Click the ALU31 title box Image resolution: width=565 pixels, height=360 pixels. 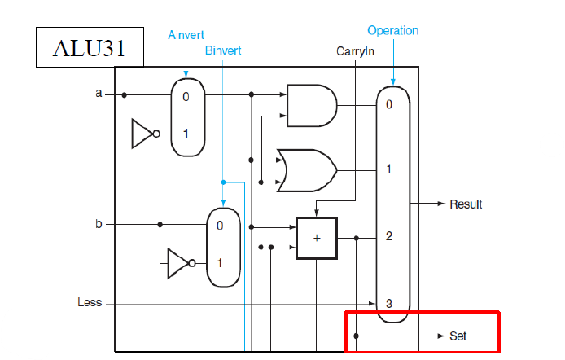(x=90, y=47)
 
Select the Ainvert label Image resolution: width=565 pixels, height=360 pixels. (x=186, y=35)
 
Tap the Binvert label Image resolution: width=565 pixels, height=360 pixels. (x=222, y=50)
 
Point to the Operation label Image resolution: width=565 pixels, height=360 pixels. (x=392, y=30)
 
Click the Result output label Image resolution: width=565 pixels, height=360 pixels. (x=466, y=204)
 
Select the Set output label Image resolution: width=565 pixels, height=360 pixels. (x=458, y=336)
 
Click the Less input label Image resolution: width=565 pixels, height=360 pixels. (x=90, y=302)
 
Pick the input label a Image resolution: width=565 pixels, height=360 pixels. (x=99, y=94)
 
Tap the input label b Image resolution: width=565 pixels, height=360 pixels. (x=99, y=222)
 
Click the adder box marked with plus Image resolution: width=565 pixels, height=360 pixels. (x=317, y=238)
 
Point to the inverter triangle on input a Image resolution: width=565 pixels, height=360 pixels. (x=143, y=134)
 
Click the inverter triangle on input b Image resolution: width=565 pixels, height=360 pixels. (x=179, y=263)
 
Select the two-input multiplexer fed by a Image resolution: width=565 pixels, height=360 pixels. (x=185, y=116)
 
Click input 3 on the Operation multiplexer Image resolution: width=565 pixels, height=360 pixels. (x=389, y=303)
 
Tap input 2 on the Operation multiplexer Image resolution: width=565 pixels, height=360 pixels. (x=389, y=237)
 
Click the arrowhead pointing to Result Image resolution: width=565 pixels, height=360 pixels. (x=440, y=204)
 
